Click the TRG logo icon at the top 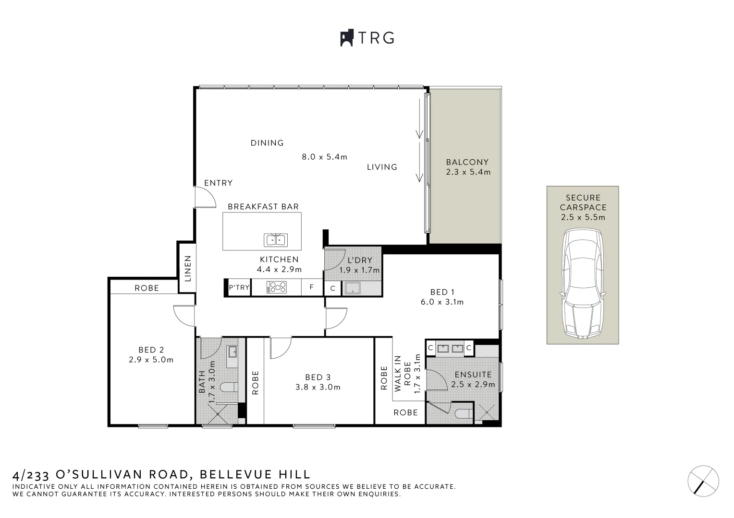[x=347, y=38]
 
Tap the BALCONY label [x=467, y=162]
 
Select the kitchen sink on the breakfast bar [x=276, y=240]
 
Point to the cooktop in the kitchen [x=277, y=288]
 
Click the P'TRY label [x=239, y=287]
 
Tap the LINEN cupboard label [x=188, y=269]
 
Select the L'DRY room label [x=360, y=260]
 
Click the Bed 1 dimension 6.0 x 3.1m [x=442, y=302]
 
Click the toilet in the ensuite [x=464, y=414]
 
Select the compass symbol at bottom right [x=703, y=481]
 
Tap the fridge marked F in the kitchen [x=312, y=287]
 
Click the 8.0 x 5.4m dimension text [x=324, y=157]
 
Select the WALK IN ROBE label [x=403, y=374]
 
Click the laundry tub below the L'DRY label [x=352, y=288]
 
